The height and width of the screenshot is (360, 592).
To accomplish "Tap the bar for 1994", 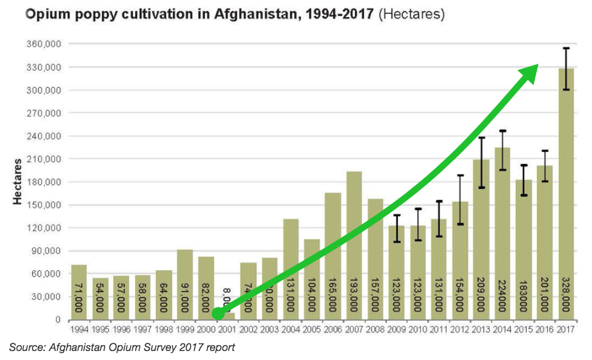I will [79, 291].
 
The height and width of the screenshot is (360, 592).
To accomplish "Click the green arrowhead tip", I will [536, 66].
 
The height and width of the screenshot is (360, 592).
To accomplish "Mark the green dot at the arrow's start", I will [218, 313].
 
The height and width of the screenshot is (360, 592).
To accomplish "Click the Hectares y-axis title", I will [17, 181].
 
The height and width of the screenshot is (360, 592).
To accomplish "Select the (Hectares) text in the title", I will [411, 14].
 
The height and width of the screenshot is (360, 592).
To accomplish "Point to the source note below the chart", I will [122, 347].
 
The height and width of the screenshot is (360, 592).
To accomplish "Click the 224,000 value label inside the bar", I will [502, 295].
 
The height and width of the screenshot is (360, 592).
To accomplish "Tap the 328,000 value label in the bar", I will [566, 295].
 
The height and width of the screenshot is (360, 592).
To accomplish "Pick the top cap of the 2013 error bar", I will [481, 138].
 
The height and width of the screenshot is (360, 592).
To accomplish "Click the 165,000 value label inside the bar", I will [333, 295].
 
